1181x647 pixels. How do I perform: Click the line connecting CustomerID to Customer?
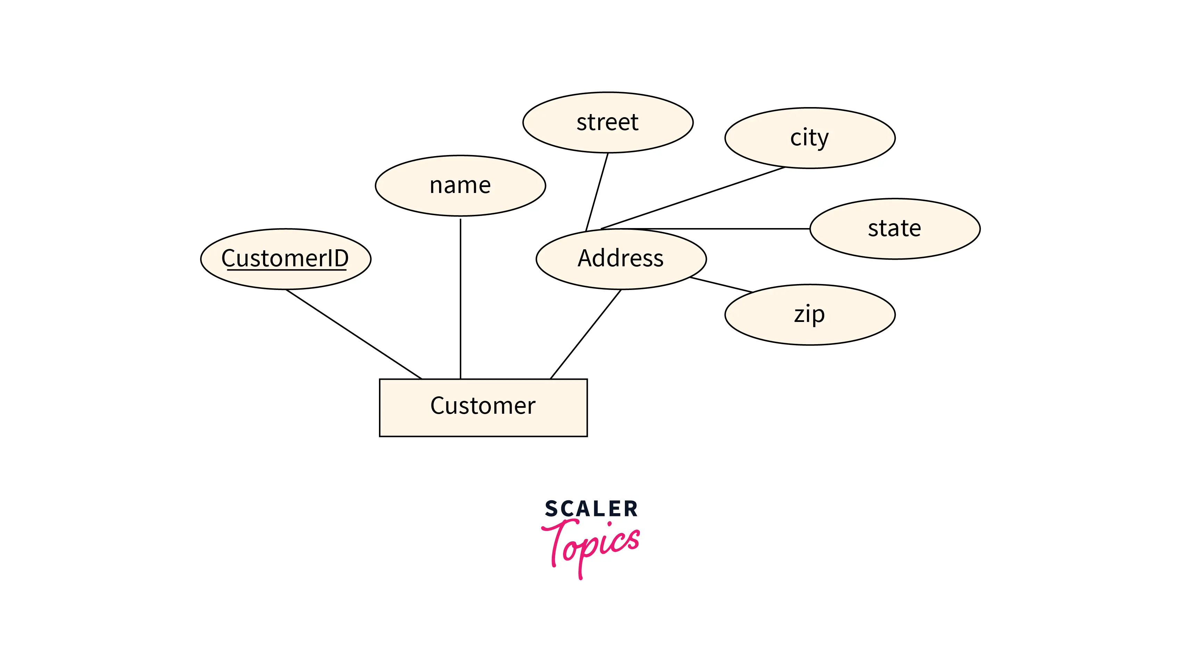(x=353, y=334)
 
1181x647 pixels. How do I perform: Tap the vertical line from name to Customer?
(x=460, y=298)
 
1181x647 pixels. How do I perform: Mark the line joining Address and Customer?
(x=585, y=334)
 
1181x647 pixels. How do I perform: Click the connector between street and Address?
(x=597, y=192)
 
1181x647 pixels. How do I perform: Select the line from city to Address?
(x=692, y=198)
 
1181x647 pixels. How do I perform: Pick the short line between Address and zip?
(x=721, y=284)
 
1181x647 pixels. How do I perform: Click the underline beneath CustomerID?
(x=287, y=270)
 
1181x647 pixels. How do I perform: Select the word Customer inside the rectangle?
(x=483, y=406)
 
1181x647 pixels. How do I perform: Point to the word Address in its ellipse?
(x=620, y=258)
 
